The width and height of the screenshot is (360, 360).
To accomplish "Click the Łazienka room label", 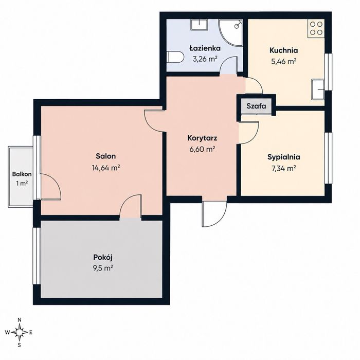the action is tap(205, 48).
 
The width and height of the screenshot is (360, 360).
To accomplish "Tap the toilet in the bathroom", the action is tap(175, 57).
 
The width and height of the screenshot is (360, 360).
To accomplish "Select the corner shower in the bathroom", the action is tap(230, 33).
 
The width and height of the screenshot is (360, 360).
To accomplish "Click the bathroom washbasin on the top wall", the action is tap(199, 25).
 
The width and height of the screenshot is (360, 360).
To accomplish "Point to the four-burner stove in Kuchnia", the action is tap(316, 28).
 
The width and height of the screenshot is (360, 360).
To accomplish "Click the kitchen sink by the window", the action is tap(318, 89).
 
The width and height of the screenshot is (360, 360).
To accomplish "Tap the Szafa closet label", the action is tap(256, 106).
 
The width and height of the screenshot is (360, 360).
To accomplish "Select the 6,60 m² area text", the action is tap(202, 150).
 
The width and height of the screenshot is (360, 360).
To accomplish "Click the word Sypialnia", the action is tap(284, 157).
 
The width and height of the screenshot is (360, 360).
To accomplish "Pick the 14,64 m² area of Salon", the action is tap(106, 168).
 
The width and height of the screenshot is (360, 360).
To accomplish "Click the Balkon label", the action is tap(22, 174).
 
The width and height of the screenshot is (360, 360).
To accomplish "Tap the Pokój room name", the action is tap(103, 258).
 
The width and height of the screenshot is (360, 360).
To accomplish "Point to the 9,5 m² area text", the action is tap(103, 268).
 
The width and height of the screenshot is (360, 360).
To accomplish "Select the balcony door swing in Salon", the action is tap(50, 186).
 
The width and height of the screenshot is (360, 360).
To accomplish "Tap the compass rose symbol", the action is tap(20, 332).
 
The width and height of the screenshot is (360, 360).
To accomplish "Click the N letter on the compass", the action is tap(20, 320).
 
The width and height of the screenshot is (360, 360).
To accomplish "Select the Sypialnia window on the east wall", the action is tap(328, 158).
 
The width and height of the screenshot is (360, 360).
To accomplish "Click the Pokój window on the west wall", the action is tap(37, 256).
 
